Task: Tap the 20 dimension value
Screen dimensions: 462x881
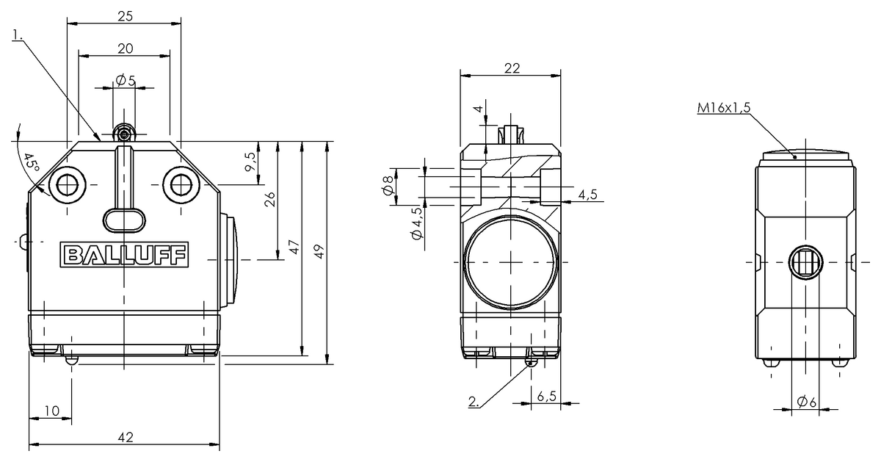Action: coord(125,48)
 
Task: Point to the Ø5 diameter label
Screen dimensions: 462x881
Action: coord(125,81)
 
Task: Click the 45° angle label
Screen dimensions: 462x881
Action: coord(30,164)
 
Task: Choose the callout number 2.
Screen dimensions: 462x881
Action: coord(474,402)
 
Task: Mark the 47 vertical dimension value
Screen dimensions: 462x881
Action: coord(294,246)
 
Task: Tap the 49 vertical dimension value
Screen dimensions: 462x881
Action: coord(319,251)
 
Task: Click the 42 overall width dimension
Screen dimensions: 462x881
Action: coord(125,437)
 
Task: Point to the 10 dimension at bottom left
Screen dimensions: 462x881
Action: coord(51,411)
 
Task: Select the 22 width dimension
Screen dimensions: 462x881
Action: coord(512,68)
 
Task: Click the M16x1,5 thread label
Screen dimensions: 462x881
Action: coord(723,108)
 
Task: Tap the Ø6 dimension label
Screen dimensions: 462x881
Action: coord(806,401)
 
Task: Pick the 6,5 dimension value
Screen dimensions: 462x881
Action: coord(545,396)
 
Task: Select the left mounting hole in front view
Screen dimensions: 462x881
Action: coord(67,184)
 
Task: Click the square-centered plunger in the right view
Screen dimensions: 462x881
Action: coord(805,262)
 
